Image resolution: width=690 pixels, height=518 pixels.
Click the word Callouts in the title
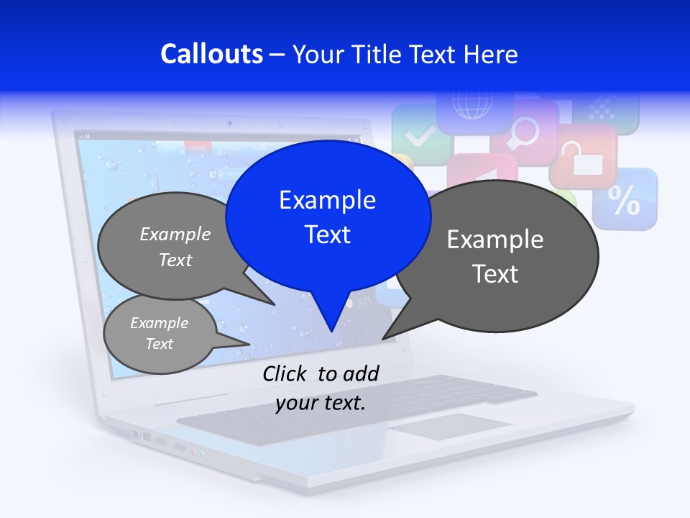211,54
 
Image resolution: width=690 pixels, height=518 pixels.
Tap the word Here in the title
489,54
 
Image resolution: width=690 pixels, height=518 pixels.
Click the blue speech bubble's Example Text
328,217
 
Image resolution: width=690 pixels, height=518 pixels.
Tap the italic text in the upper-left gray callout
175,247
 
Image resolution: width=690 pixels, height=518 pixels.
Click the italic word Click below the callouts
285,373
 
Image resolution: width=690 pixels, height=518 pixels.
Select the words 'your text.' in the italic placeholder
321,403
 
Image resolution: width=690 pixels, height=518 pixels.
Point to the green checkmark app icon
419,134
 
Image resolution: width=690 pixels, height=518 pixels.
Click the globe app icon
472,108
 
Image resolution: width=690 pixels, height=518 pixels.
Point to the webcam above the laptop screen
229,123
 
